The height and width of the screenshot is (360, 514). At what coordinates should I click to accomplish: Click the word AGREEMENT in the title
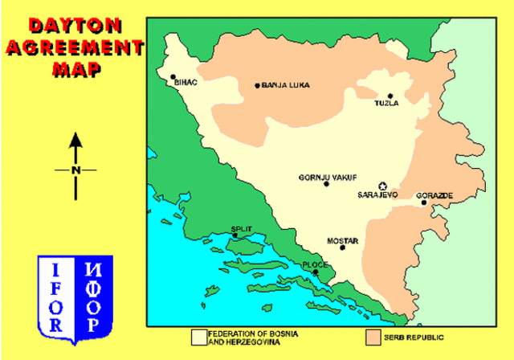[74, 47]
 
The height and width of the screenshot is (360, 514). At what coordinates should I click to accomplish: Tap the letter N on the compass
[75, 170]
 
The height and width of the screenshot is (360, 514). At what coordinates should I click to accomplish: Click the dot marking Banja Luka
[257, 85]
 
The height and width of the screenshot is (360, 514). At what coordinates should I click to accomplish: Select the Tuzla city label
[386, 104]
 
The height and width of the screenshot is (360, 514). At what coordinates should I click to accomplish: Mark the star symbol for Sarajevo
[382, 186]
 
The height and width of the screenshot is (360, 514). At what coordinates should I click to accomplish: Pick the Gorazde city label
[434, 195]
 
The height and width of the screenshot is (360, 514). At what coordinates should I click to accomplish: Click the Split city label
[241, 229]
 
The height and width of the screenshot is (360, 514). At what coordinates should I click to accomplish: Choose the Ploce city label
[314, 264]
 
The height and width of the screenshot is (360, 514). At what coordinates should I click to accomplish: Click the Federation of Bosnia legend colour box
[197, 336]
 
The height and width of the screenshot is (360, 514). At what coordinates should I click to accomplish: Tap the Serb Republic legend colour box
[372, 336]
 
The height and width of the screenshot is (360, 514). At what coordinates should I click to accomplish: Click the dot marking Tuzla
[390, 96]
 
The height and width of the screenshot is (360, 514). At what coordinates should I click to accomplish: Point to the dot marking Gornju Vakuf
[326, 184]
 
